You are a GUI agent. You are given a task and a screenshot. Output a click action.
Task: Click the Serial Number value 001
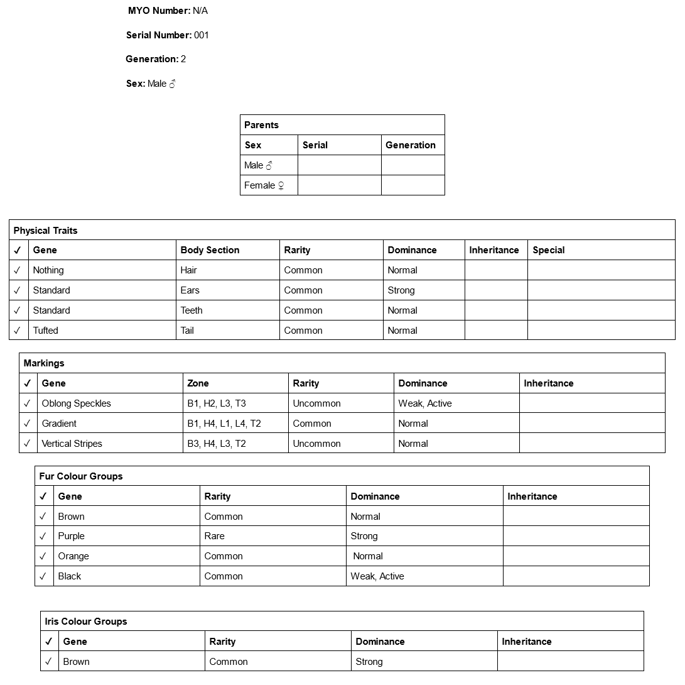point(201,35)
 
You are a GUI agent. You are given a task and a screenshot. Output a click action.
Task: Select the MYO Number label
point(159,11)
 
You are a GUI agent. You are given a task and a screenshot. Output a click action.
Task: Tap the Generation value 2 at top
point(183,59)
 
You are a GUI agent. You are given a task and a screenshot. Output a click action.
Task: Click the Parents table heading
point(261,125)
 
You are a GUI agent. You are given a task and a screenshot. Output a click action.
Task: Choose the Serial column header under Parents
point(315,145)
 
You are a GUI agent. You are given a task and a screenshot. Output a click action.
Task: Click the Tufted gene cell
point(46,331)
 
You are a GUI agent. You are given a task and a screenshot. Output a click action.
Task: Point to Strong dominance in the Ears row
point(401,290)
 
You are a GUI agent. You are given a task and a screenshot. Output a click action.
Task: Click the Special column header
point(549,250)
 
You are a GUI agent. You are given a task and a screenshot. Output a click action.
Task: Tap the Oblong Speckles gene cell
point(76,403)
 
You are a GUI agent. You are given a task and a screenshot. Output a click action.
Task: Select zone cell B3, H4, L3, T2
point(217,444)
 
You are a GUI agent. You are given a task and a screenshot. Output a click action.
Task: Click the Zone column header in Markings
point(198,383)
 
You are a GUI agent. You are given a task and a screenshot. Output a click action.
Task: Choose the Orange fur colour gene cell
point(73,556)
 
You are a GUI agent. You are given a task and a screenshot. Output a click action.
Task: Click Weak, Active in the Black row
point(377,576)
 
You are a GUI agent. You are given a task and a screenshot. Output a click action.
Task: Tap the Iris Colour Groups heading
point(86,622)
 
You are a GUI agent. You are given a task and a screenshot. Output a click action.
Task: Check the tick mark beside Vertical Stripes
point(27,444)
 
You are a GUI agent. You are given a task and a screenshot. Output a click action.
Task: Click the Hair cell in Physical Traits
point(188,270)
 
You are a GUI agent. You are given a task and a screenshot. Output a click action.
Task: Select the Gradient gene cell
point(59,424)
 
